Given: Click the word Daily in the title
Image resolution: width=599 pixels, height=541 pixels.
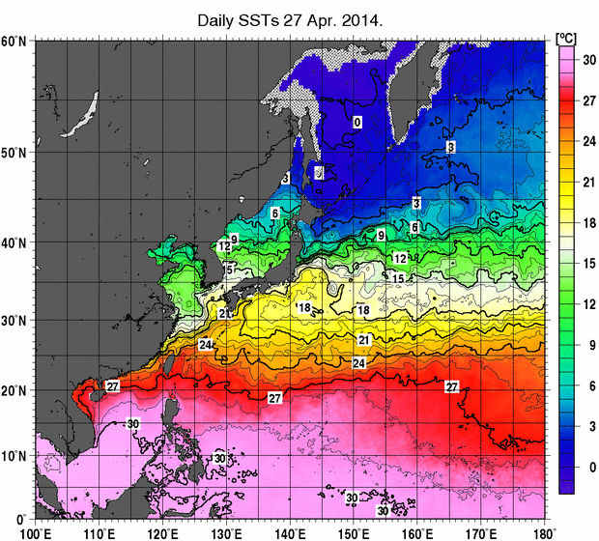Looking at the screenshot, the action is [x=217, y=19].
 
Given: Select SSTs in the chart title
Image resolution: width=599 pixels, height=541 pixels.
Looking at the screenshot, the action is [x=264, y=19].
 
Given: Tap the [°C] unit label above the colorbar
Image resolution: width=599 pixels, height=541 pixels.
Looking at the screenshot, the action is [x=567, y=39].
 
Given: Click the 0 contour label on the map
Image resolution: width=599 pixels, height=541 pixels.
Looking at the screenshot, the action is [x=357, y=122].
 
